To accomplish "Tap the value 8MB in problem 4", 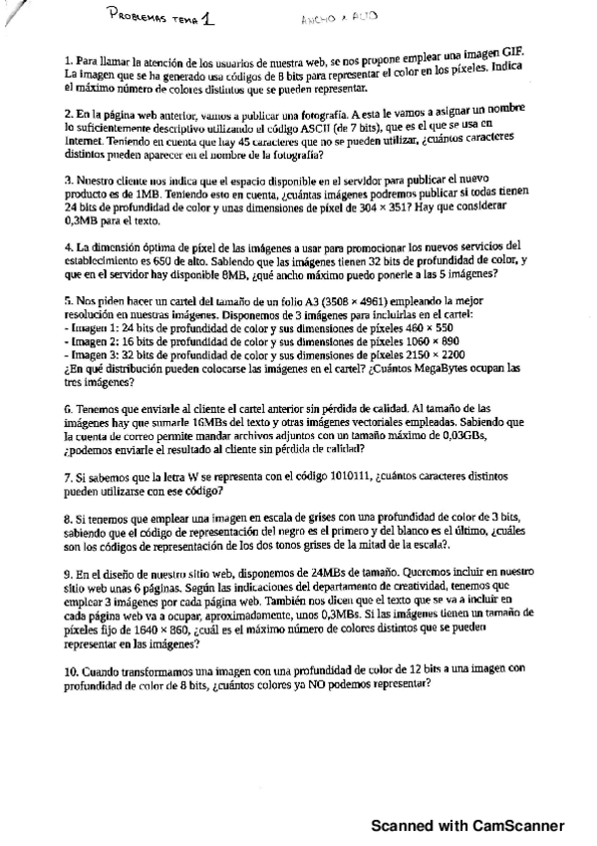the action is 230,274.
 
